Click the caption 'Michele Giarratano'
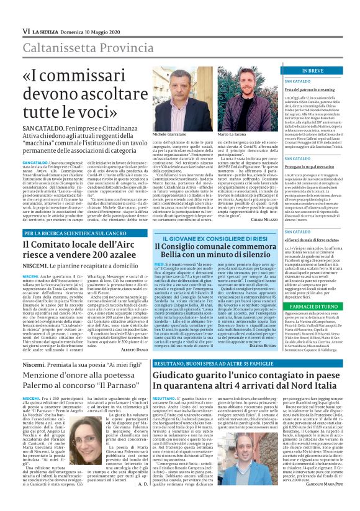(x=168, y=133)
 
